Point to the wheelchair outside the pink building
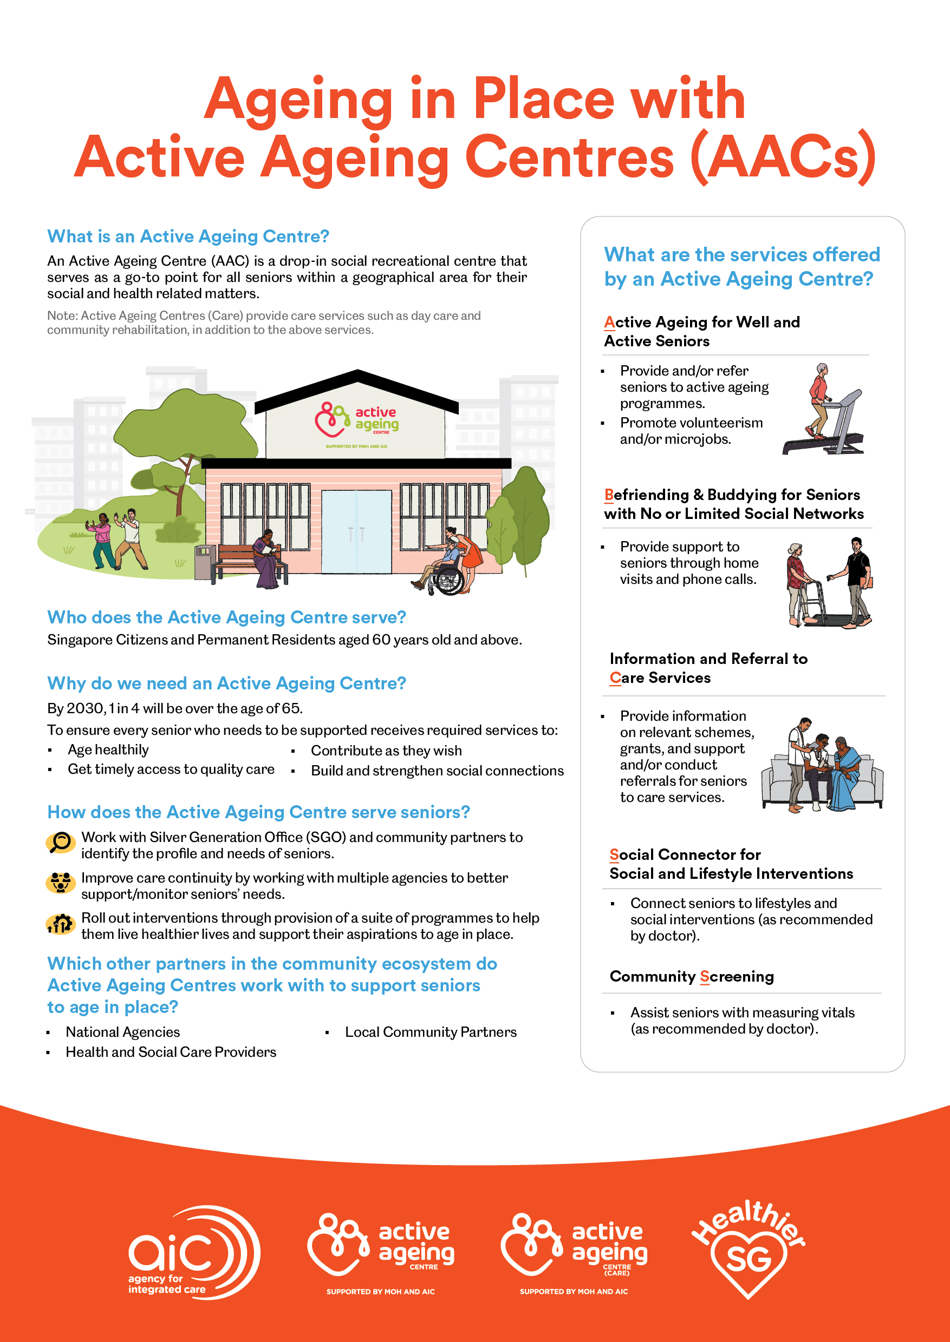coord(445,576)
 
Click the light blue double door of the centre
coord(356,532)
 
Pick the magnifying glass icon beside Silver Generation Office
coord(60,842)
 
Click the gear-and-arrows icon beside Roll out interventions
coord(60,924)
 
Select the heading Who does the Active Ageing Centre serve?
coord(226,617)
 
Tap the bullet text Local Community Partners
coord(431,1032)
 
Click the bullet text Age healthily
coord(108,750)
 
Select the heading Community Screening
coord(692,977)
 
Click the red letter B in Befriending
coord(609,495)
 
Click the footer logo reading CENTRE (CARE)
coord(574,1251)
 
